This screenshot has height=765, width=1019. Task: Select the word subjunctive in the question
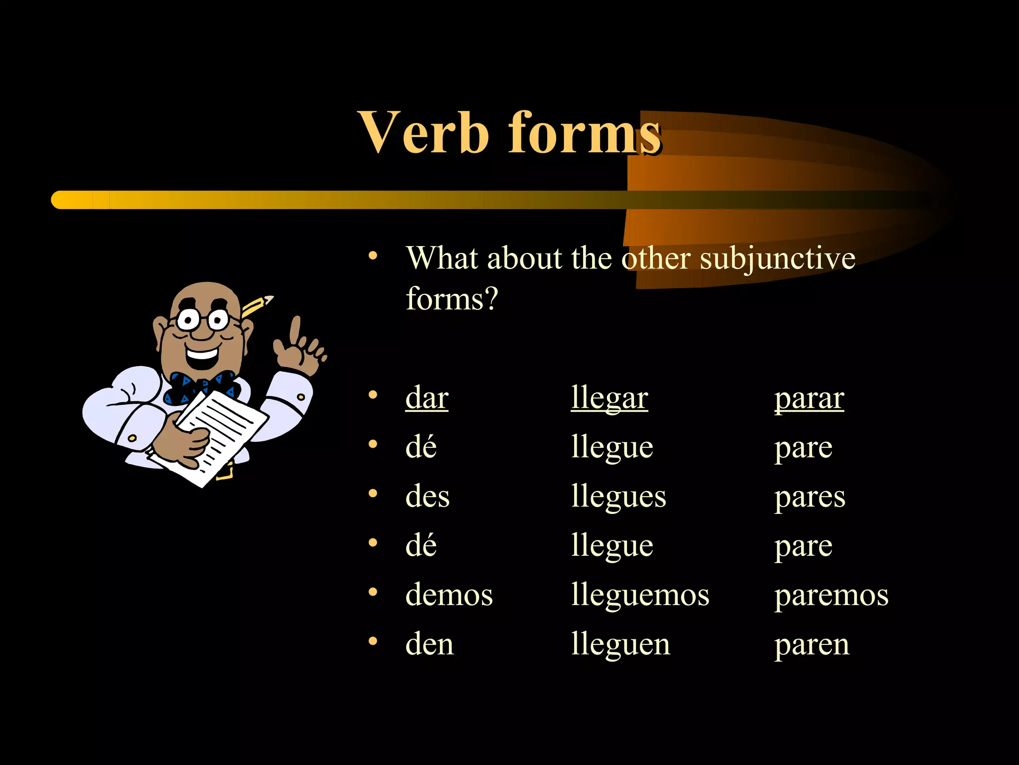pos(777,259)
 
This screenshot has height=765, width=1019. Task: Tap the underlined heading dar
pos(427,398)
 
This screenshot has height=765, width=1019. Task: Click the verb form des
pos(427,497)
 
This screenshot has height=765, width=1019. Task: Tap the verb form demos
pos(449,595)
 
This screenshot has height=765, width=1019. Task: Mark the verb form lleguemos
pos(640,596)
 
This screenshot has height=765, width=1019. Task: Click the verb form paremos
pos(831,596)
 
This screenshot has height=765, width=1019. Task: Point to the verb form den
pos(429,644)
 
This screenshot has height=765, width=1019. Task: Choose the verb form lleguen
pos(620,645)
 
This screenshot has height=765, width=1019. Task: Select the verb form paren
pos(812,645)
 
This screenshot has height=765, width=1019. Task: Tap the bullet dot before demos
pos(373,592)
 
